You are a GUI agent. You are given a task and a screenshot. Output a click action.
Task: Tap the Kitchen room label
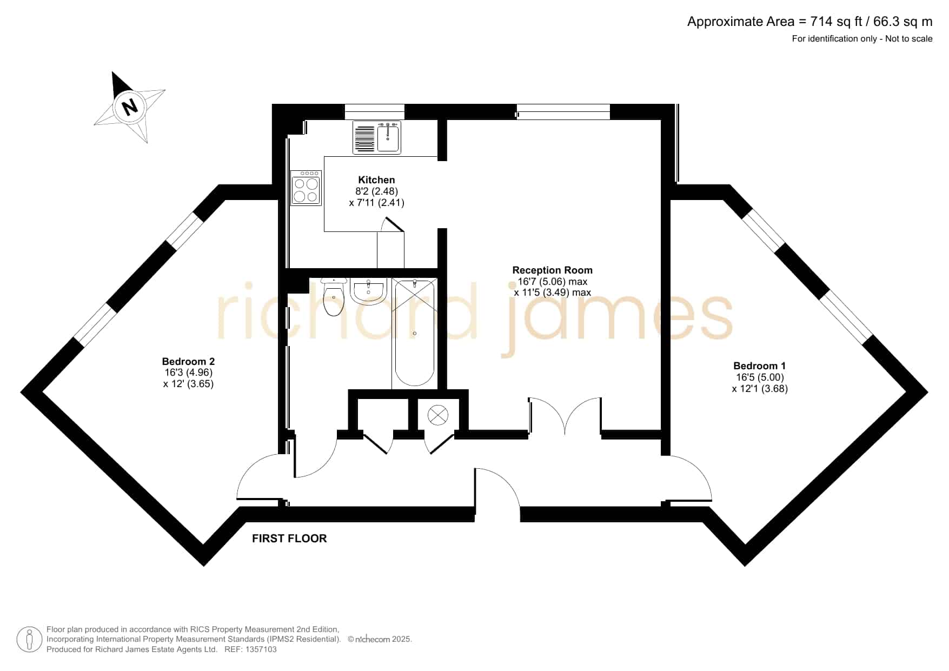[x=376, y=180]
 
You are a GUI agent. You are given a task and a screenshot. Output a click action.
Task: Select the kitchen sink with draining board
[x=377, y=137]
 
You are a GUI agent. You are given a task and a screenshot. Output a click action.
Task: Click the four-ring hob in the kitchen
[x=306, y=188]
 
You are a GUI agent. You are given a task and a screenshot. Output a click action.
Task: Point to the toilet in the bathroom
[x=333, y=297]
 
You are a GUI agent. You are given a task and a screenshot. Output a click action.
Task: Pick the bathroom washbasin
[x=369, y=290]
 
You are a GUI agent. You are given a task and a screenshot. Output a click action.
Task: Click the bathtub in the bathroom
[x=414, y=333]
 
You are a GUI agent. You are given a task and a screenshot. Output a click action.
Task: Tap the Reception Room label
[x=552, y=270]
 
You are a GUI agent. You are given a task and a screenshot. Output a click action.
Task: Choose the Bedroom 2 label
[x=188, y=362]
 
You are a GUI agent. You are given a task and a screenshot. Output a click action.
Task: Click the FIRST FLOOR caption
[x=289, y=539]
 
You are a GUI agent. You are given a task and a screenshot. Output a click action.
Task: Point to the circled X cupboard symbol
[x=437, y=416]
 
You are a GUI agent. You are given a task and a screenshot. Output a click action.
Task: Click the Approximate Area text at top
[x=809, y=22]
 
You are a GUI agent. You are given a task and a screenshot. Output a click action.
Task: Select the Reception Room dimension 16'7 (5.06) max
[x=552, y=281]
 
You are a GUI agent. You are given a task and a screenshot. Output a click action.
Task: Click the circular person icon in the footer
[x=29, y=640]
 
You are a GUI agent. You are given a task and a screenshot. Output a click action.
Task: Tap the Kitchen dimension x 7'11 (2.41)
[x=376, y=203]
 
